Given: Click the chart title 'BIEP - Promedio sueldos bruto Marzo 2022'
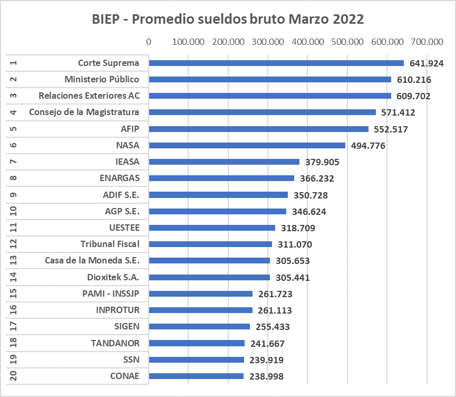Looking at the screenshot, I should [228, 20].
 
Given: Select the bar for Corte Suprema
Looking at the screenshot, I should [276, 63].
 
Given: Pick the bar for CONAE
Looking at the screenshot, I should [196, 376].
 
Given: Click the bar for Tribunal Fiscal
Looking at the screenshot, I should [210, 244].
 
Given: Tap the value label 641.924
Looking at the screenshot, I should [428, 63].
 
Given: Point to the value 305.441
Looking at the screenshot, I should [294, 278].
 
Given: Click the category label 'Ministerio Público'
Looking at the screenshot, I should [102, 80].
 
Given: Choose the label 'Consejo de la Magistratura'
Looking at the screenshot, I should [84, 112].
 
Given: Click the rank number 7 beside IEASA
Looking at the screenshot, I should [13, 162].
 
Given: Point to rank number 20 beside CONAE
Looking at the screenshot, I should [13, 376].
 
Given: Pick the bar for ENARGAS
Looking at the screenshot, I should [221, 178].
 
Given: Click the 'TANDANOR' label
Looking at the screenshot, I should [115, 343].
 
